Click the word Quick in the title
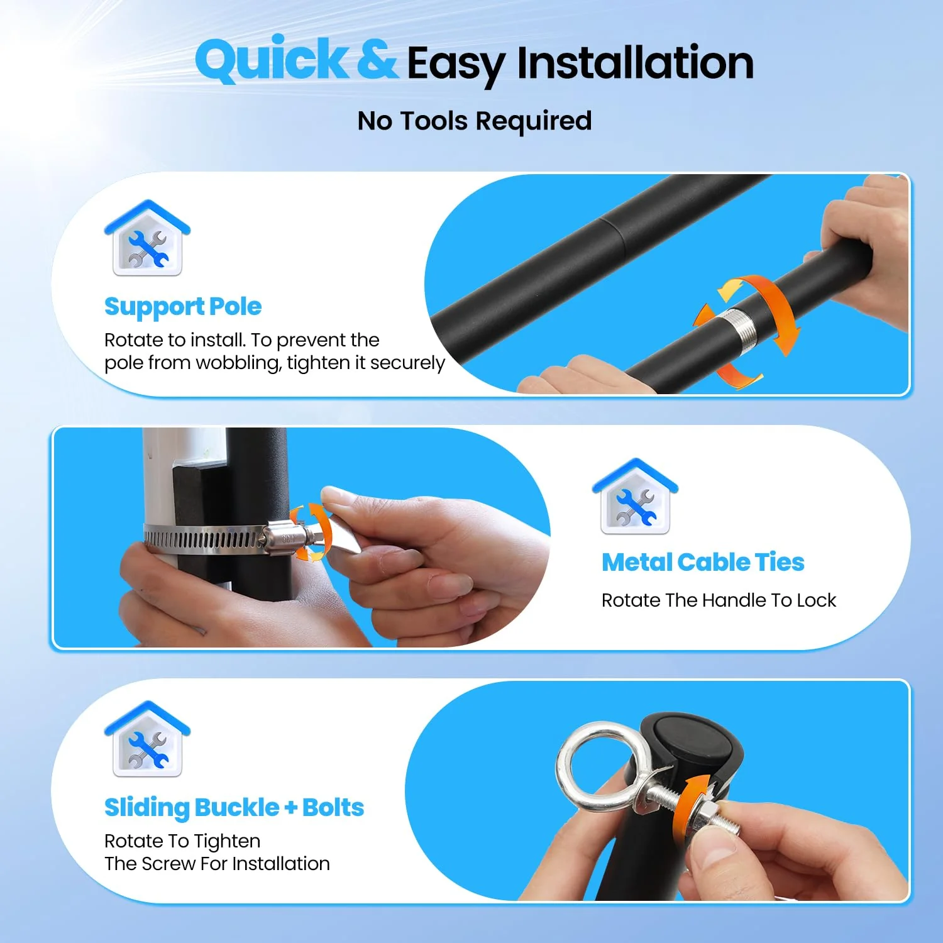click(x=272, y=60)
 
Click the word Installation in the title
click(x=635, y=63)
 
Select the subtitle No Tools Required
click(x=475, y=121)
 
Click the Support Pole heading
click(x=183, y=307)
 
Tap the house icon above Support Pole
click(x=147, y=238)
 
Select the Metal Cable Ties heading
click(x=703, y=562)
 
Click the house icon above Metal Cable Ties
click(x=635, y=497)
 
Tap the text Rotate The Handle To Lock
click(x=719, y=600)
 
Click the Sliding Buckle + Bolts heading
click(x=234, y=808)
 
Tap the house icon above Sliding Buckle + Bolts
click(x=147, y=739)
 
